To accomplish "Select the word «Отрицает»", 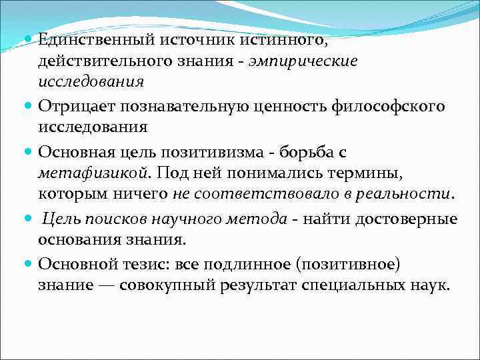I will [70, 107].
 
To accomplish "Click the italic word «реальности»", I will [413, 195].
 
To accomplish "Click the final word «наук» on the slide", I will [432, 285].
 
